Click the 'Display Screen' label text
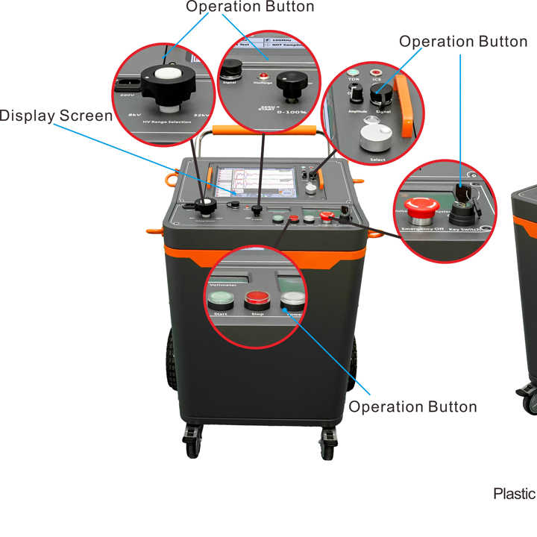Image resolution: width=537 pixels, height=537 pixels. coord(57,116)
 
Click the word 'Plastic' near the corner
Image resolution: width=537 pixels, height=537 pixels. coord(514,494)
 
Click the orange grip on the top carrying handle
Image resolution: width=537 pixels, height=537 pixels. coord(260,130)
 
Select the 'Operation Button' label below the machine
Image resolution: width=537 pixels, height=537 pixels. coord(412,406)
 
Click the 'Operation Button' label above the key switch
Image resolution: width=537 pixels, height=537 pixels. coord(463,42)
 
